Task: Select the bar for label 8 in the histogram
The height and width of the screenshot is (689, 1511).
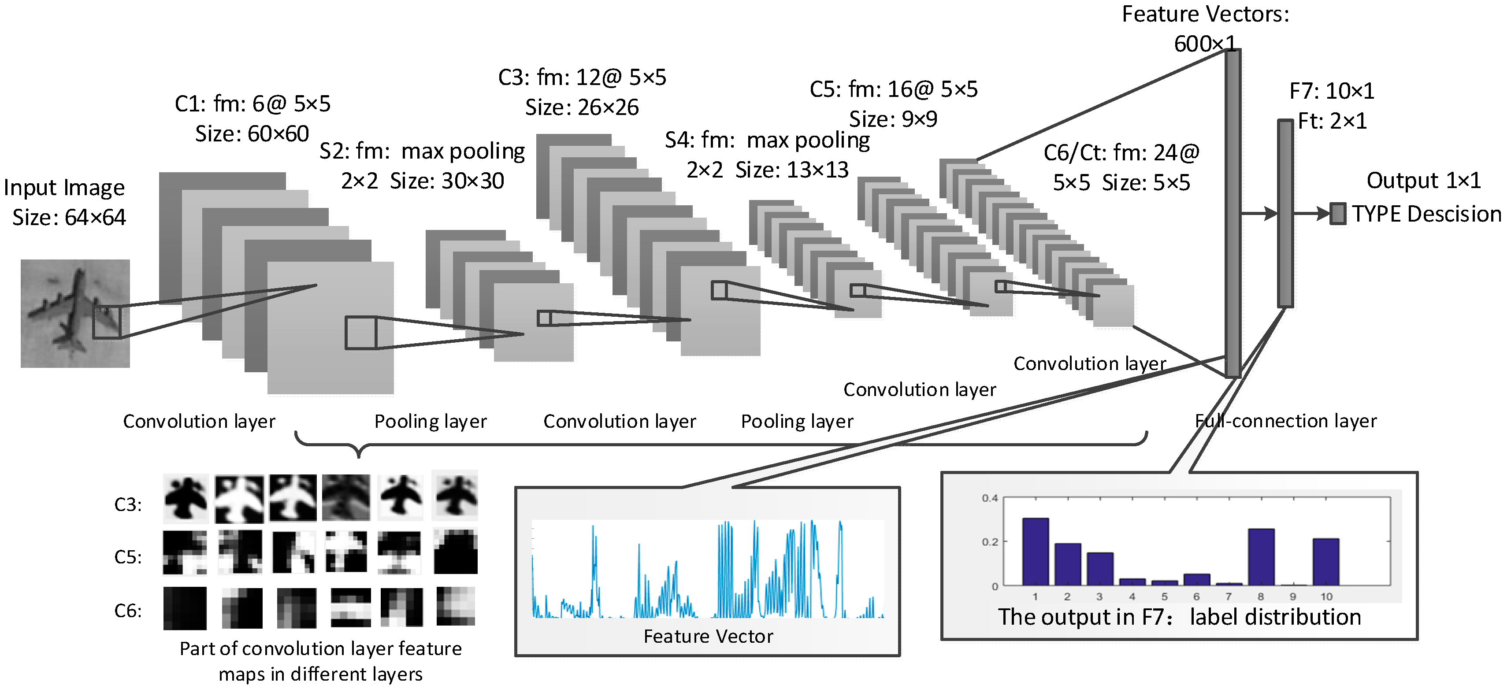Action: tap(1261, 557)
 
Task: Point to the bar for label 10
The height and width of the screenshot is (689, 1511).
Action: tap(1325, 562)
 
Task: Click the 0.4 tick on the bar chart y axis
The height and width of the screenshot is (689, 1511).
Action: tap(990, 498)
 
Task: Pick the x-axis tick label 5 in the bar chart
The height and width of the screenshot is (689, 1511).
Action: tap(1164, 597)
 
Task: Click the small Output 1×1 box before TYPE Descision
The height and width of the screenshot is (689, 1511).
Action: tap(1338, 214)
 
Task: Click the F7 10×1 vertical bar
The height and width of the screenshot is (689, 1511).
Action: tap(1285, 214)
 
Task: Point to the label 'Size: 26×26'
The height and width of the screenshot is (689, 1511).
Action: tap(581, 107)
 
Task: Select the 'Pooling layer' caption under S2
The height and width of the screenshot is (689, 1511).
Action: tap(431, 422)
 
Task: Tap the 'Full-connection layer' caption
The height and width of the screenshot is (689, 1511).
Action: tap(1286, 421)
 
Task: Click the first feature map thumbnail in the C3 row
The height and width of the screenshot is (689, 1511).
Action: tap(186, 498)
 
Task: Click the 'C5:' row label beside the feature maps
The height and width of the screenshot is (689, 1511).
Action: tap(128, 556)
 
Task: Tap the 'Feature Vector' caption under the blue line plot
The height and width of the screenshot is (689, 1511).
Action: tap(708, 636)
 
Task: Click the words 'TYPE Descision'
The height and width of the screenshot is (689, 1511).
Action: tap(1426, 214)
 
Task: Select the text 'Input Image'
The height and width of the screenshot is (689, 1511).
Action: tap(64, 188)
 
